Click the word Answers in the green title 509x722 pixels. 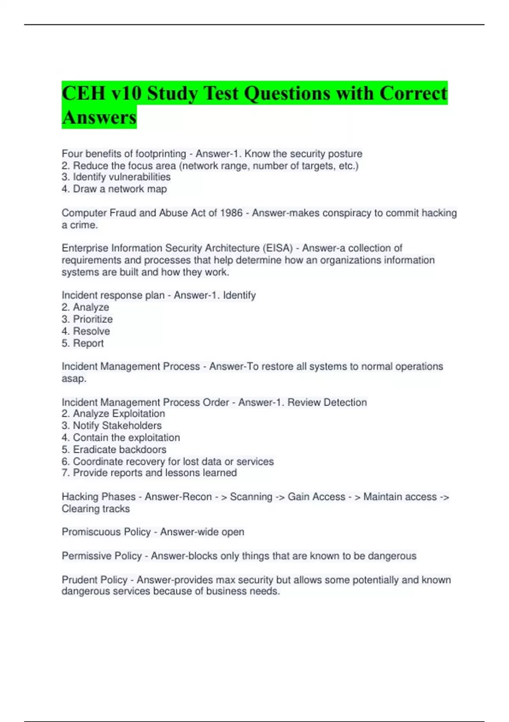[x=99, y=117]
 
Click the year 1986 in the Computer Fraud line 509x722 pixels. [x=231, y=213]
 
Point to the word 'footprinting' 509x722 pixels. [x=155, y=154]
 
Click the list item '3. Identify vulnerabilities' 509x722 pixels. [x=116, y=177]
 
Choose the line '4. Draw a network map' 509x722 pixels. [x=114, y=189]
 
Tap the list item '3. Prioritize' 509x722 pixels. [x=87, y=319]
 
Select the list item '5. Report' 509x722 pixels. [x=82, y=343]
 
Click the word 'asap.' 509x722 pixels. [x=74, y=378]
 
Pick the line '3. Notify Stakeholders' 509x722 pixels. [x=112, y=426]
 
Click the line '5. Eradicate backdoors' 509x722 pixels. [x=114, y=449]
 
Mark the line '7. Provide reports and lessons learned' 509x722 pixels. [x=149, y=473]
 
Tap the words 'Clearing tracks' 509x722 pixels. [x=95, y=509]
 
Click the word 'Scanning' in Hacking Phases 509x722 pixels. [x=251, y=497]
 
